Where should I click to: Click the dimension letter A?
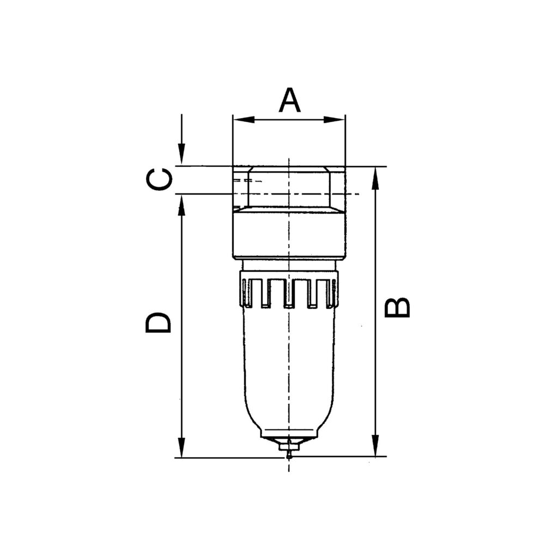[289, 100]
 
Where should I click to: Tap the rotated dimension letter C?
[160, 179]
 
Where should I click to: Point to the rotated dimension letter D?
[159, 322]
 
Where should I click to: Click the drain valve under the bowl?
[289, 448]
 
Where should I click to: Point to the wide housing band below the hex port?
[289, 235]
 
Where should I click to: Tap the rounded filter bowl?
[289, 371]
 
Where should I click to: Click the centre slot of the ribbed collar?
[289, 293]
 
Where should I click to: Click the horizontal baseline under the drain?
[229, 457]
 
